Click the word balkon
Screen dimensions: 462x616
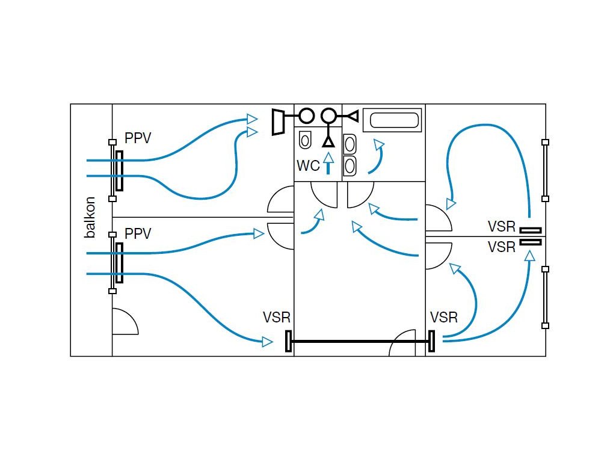90,217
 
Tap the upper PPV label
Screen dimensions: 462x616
138,138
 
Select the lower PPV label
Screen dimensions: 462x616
138,233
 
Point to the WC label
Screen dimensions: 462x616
308,165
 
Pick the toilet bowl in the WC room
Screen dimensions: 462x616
305,140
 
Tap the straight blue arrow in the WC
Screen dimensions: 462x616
328,163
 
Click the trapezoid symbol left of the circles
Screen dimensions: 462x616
278,122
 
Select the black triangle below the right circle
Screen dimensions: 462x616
328,141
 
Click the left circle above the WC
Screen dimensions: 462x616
307,115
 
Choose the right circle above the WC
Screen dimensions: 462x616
328,115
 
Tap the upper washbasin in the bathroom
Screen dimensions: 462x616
350,144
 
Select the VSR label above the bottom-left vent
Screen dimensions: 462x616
276,318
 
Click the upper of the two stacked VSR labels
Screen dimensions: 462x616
502,227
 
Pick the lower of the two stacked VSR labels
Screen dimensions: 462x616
502,247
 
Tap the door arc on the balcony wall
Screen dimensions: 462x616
125,322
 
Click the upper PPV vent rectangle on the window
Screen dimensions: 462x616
120,170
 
